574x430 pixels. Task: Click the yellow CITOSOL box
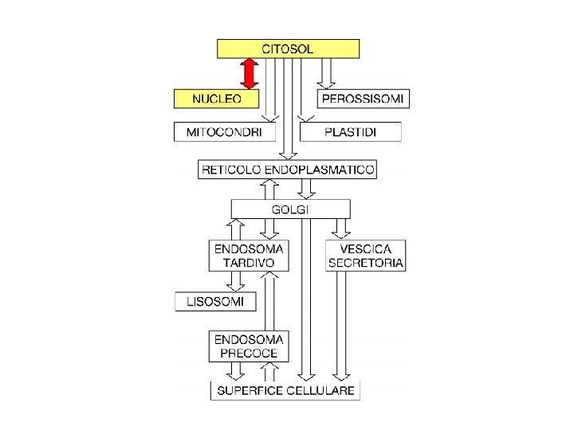pyautogui.click(x=288, y=49)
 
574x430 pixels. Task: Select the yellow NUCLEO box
pyautogui.click(x=217, y=99)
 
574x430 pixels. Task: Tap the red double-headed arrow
pyautogui.click(x=250, y=73)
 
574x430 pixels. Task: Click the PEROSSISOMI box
pyautogui.click(x=364, y=99)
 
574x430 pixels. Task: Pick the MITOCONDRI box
pyautogui.click(x=225, y=131)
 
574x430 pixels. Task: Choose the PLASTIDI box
pyautogui.click(x=351, y=131)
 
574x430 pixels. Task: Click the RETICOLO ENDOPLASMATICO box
pyautogui.click(x=289, y=170)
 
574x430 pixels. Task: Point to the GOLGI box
pyautogui.click(x=290, y=209)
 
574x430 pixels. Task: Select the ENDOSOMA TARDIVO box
pyautogui.click(x=248, y=255)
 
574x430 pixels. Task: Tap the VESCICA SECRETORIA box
pyautogui.click(x=365, y=255)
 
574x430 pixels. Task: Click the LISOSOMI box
pyautogui.click(x=215, y=301)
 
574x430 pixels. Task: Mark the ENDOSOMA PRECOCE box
pyautogui.click(x=248, y=346)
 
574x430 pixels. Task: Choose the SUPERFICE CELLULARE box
pyautogui.click(x=285, y=391)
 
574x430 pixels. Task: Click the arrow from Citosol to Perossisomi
pyautogui.click(x=324, y=73)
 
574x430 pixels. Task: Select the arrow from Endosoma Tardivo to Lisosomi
pyautogui.click(x=235, y=281)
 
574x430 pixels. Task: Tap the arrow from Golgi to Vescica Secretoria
pyautogui.click(x=341, y=229)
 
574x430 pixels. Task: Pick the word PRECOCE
pyautogui.click(x=248, y=353)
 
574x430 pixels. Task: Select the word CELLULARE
pyautogui.click(x=323, y=391)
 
